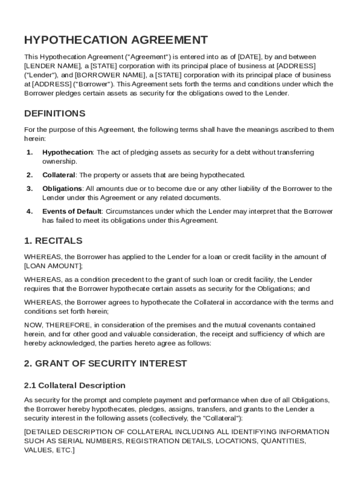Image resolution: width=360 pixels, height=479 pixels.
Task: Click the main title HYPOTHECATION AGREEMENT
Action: tap(116, 40)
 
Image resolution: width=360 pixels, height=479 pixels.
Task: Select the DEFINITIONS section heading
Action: tap(55, 114)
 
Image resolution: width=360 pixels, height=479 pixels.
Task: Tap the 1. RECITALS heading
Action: tap(53, 241)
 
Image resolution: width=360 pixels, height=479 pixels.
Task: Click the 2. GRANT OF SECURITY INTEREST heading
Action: tap(105, 363)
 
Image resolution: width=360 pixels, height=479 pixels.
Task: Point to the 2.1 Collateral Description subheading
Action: tap(74, 385)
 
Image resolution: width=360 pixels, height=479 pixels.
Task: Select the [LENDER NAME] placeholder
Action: tap(52, 66)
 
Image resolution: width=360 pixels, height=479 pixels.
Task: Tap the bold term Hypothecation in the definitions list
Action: tap(67, 152)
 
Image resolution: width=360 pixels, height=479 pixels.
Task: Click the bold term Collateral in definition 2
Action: tap(58, 175)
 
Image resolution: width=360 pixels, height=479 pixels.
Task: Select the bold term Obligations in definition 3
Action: tap(62, 189)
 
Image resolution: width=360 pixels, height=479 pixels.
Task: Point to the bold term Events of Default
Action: tap(72, 211)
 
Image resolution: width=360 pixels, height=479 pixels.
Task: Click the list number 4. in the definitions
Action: tap(29, 211)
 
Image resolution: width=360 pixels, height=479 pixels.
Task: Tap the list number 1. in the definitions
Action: tap(29, 152)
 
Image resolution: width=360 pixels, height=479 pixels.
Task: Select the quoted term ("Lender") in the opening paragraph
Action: tap(41, 75)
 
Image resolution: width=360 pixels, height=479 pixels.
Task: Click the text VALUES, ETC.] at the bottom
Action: tap(49, 450)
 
